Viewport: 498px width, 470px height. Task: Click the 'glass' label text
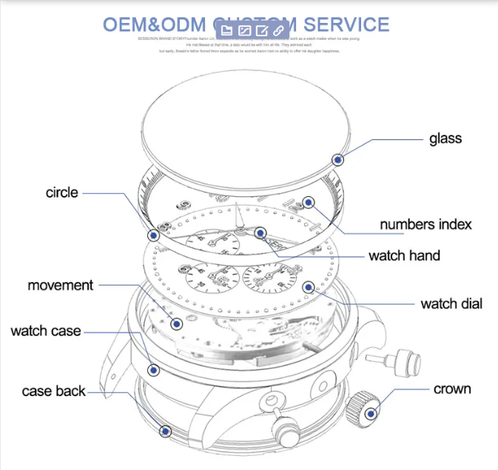point(445,138)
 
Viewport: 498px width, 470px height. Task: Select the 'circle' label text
point(61,192)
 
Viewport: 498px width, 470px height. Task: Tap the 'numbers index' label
point(425,224)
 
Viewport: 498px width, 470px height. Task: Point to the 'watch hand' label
point(404,256)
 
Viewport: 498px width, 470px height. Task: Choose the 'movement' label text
point(61,285)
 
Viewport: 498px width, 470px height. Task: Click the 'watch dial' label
point(451,303)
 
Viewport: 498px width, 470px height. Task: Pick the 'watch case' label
point(46,331)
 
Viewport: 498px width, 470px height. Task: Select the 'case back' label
point(54,391)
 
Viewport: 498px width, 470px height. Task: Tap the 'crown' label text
point(452,389)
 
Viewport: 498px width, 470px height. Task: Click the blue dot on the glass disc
point(338,159)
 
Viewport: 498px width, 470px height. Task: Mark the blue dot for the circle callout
point(153,235)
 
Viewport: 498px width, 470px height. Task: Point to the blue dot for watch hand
point(260,232)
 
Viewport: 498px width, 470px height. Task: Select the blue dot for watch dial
point(309,287)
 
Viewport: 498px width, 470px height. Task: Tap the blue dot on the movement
point(176,323)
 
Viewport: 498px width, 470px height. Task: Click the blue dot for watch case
point(153,369)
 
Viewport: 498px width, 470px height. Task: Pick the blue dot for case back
point(166,430)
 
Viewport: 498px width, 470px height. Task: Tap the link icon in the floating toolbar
point(279,30)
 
